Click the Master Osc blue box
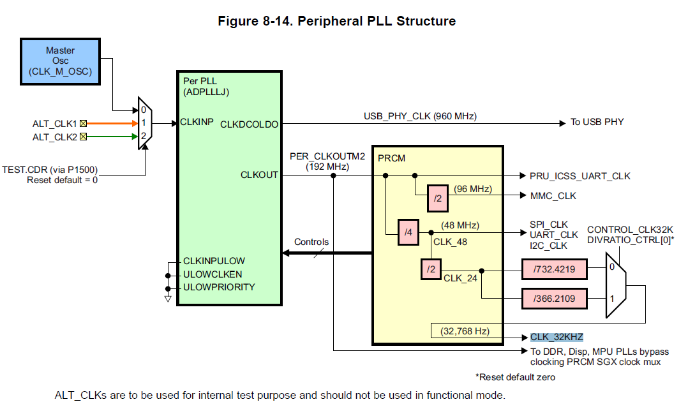60,61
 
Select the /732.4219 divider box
554,269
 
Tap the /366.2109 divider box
554,298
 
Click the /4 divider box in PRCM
408,232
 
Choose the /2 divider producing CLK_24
431,269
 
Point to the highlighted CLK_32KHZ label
557,337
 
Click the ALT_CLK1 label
55,123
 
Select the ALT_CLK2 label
55,136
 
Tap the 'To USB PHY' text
597,123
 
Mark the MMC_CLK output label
553,196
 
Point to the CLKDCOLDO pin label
249,124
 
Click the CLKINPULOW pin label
214,261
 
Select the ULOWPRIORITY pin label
219,287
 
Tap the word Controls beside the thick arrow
311,242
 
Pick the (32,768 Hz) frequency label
465,331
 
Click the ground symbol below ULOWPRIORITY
168,297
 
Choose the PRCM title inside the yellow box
391,157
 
